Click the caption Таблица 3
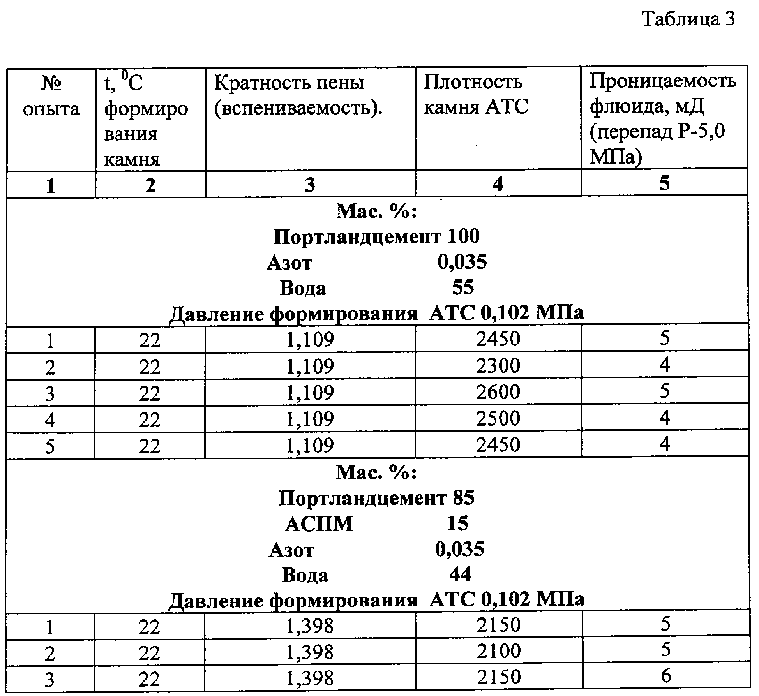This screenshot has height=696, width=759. (x=688, y=19)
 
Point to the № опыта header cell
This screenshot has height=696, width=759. (x=51, y=96)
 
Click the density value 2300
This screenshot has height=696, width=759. (x=498, y=366)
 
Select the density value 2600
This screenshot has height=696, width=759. (x=498, y=392)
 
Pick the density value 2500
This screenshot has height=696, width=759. (x=498, y=418)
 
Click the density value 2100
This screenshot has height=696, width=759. (x=499, y=651)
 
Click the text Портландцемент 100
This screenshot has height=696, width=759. (x=376, y=237)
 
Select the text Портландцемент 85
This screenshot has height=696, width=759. (x=376, y=498)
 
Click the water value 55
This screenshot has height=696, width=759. (x=463, y=288)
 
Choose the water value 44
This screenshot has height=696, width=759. (x=460, y=574)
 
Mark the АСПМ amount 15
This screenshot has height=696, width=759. (x=457, y=524)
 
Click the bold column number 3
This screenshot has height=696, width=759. (x=310, y=185)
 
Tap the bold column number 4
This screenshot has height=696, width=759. (x=498, y=184)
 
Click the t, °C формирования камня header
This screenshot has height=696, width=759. (x=146, y=121)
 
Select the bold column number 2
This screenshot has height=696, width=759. (x=150, y=185)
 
